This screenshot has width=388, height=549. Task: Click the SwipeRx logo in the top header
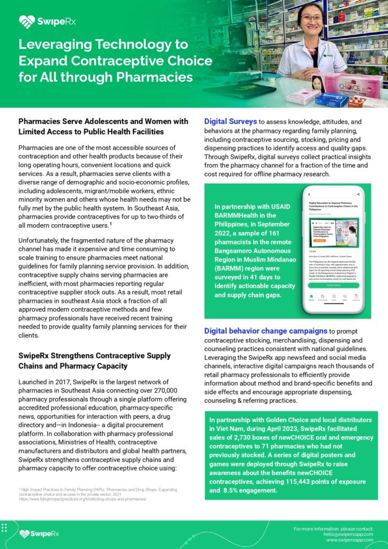(x=41, y=21)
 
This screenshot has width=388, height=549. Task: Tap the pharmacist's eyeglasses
(x=310, y=18)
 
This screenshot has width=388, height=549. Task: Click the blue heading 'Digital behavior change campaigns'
(x=266, y=331)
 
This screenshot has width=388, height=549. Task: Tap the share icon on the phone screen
(x=357, y=194)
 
